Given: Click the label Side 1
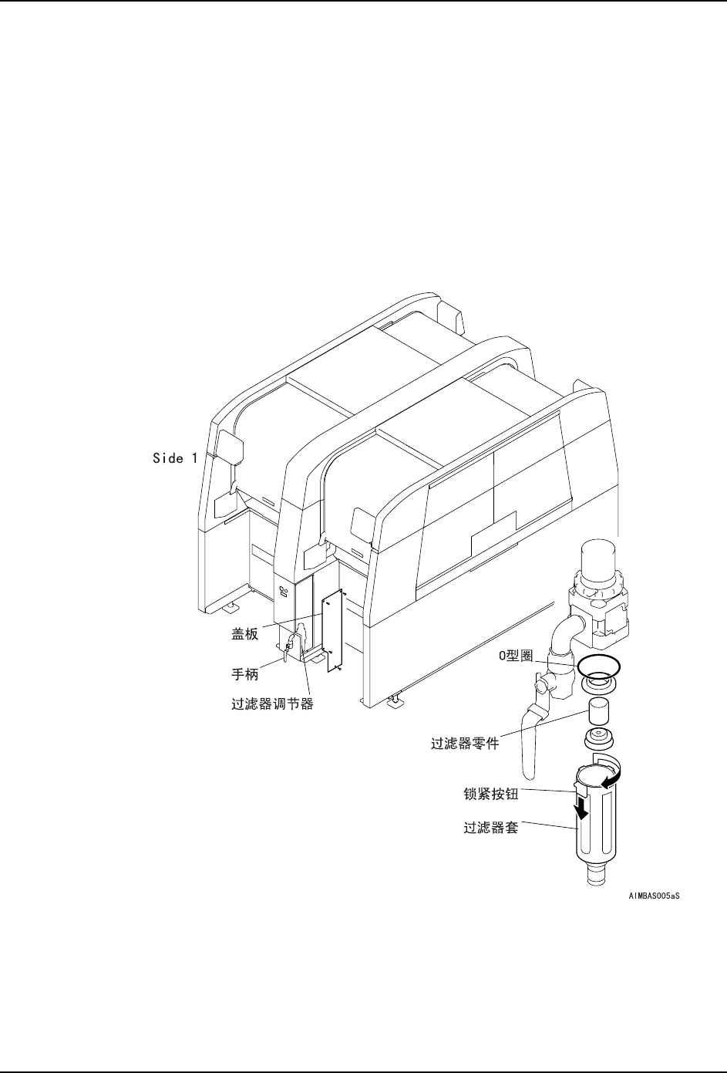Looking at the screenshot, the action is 174,458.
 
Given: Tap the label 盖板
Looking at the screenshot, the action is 245,636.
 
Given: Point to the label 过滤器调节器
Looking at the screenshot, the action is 273,704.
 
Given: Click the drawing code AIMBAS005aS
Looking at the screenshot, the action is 655,896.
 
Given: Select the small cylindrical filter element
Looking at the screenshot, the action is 598,710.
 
